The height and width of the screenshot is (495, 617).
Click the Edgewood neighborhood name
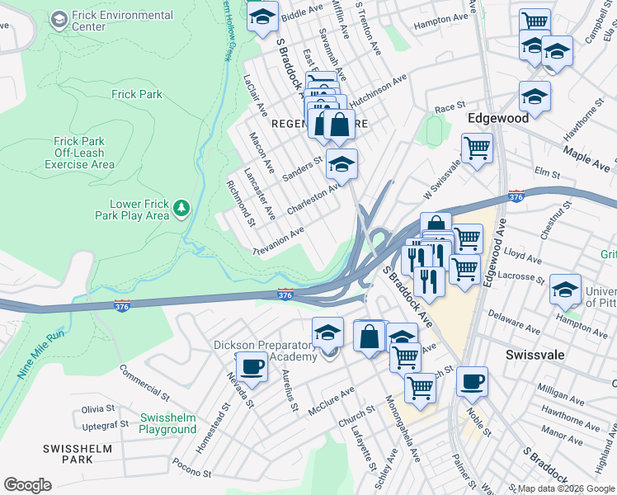[497, 119]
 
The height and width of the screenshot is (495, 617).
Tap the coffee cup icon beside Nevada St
[254, 365]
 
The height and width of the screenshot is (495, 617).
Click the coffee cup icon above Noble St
[472, 381]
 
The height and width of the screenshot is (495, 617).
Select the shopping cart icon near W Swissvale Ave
[476, 149]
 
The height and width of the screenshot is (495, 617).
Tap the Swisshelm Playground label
[167, 423]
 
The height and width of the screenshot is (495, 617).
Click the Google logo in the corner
[27, 485]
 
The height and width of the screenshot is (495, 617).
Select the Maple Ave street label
[586, 159]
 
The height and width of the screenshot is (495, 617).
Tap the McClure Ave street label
[332, 400]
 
